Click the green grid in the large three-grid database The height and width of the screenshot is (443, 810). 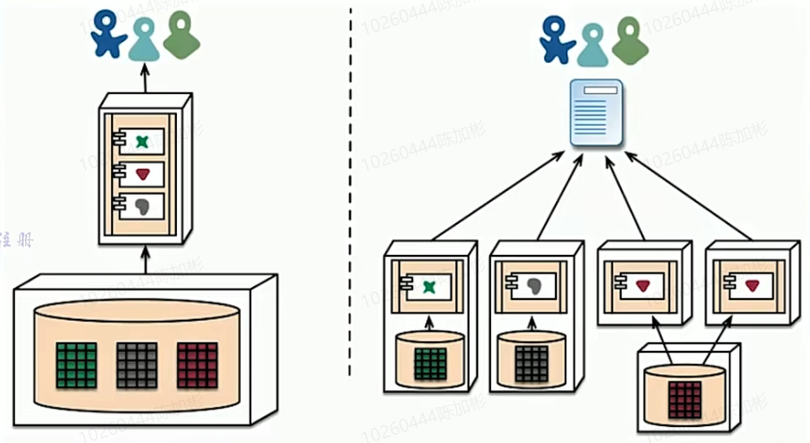77,364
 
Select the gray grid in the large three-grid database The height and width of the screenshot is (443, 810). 137,364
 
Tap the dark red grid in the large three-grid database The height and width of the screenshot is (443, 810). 197,364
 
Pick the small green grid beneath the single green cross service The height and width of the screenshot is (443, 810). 431,362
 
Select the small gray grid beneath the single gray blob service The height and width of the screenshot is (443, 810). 531,362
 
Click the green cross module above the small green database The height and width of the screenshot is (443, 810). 430,286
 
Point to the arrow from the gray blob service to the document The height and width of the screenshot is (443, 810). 559,198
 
